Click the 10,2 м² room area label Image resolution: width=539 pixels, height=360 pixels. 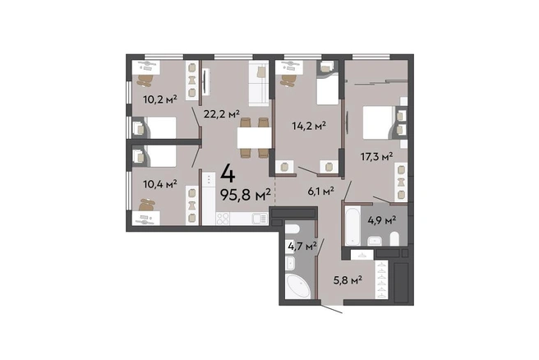point(160,99)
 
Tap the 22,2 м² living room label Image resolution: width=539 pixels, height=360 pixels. point(221,113)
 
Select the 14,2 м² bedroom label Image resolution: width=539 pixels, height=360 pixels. point(309,126)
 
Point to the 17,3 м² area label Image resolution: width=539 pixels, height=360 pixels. point(377,157)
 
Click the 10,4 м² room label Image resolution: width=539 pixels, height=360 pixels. point(160,184)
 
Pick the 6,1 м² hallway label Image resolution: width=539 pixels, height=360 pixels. point(321,191)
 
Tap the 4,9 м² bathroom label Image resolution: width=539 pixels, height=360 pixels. point(382,219)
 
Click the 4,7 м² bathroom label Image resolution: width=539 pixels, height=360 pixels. point(302,246)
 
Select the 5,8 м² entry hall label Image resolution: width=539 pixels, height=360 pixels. point(348,280)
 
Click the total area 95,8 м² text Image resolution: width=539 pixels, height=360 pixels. point(246,196)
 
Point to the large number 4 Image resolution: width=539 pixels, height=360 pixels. point(228,174)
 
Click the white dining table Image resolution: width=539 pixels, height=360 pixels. point(255,138)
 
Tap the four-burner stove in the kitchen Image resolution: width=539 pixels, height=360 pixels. point(223,219)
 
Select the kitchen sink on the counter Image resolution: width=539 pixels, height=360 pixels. point(260,219)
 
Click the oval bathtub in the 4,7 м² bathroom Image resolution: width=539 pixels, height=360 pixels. point(298,286)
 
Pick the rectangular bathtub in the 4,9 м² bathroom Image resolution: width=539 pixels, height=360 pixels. point(352,225)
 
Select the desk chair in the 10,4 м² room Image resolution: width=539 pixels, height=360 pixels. point(147,205)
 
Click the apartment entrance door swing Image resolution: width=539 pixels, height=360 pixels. point(332,309)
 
